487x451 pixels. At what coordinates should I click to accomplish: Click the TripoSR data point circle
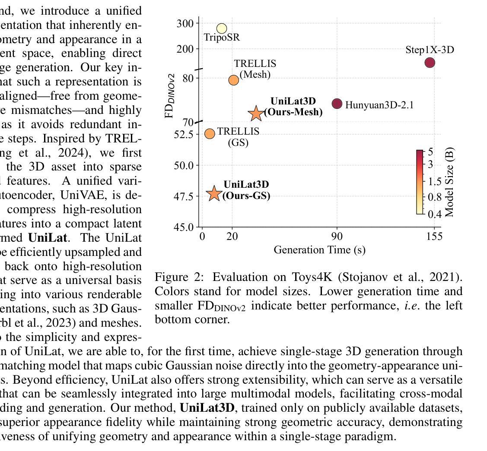tap(221, 28)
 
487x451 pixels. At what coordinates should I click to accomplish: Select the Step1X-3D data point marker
tap(430, 63)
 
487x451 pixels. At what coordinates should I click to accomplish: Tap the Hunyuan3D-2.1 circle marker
tap(337, 104)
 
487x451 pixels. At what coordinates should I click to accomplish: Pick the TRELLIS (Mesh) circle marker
tap(233, 80)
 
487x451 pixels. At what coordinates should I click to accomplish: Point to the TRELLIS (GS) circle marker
tap(210, 134)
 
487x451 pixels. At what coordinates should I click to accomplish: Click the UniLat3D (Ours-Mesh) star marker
tap(256, 113)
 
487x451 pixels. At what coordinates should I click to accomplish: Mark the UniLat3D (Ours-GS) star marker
tap(214, 194)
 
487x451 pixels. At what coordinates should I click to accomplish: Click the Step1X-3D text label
tap(430, 50)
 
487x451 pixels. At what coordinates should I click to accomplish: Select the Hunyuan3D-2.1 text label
tap(379, 105)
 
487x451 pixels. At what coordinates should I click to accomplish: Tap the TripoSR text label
tap(222, 38)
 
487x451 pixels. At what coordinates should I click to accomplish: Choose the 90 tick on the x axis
tap(337, 236)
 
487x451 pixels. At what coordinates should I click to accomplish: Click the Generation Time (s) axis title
tap(319, 249)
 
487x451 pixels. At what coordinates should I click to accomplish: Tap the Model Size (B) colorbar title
tap(449, 182)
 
